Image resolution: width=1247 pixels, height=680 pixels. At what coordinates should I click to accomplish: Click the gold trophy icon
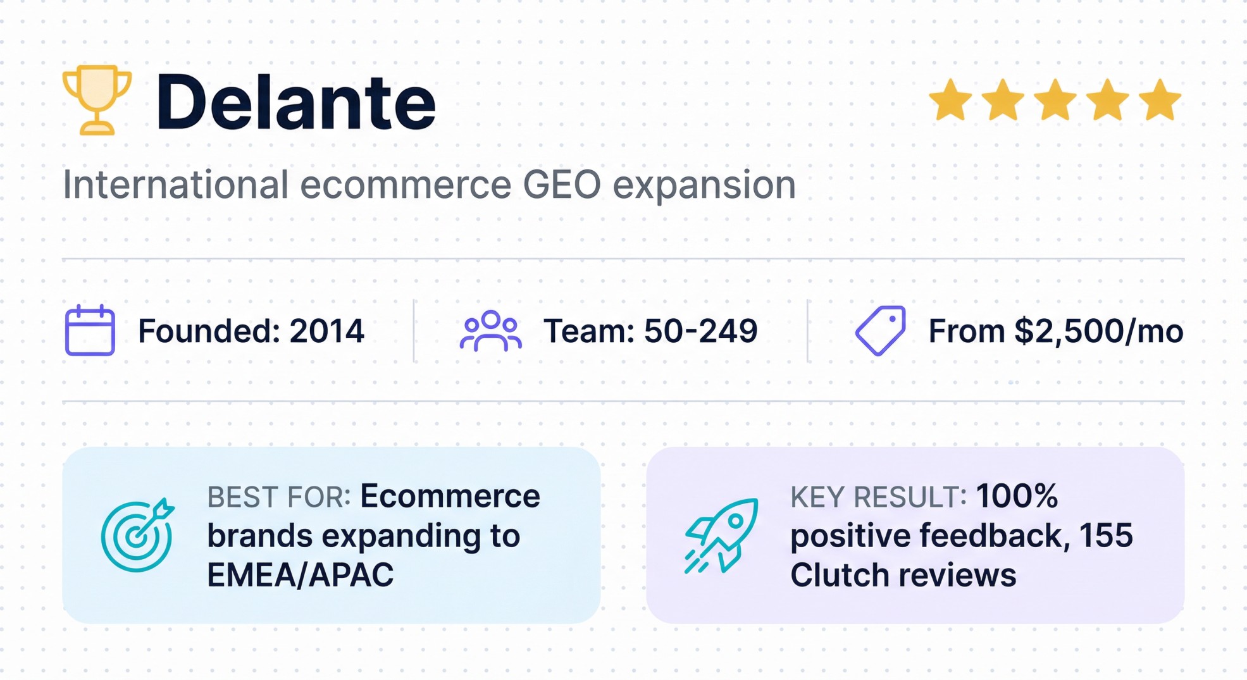(97, 99)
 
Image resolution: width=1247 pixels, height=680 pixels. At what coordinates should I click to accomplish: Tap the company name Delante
(295, 102)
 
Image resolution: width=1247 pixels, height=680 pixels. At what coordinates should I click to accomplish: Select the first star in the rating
(950, 100)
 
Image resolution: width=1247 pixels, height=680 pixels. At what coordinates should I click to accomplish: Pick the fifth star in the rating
(1160, 100)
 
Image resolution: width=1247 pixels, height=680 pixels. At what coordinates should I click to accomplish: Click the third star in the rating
(1055, 100)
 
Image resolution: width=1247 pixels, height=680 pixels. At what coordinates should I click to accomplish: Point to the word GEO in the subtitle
(562, 185)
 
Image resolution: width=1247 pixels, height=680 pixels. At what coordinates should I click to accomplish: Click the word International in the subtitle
(176, 185)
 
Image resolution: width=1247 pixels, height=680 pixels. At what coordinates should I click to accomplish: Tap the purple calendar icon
(90, 330)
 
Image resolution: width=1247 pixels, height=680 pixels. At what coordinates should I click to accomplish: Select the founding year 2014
(326, 331)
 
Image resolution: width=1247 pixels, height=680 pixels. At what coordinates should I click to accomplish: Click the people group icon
(490, 330)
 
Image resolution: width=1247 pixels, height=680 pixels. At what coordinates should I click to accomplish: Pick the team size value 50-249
(700, 331)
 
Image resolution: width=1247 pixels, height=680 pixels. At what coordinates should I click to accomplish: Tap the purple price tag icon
(880, 330)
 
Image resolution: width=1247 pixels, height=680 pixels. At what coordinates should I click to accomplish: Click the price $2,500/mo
(1098, 331)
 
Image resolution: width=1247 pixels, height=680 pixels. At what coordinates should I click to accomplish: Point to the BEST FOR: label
(278, 497)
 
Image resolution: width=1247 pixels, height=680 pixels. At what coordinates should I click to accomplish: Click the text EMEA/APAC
(300, 575)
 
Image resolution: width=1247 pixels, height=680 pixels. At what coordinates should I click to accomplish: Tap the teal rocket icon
(721, 535)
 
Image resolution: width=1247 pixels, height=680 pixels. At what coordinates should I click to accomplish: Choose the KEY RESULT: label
(878, 497)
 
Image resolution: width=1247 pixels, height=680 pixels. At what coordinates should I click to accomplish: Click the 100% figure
(1016, 496)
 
